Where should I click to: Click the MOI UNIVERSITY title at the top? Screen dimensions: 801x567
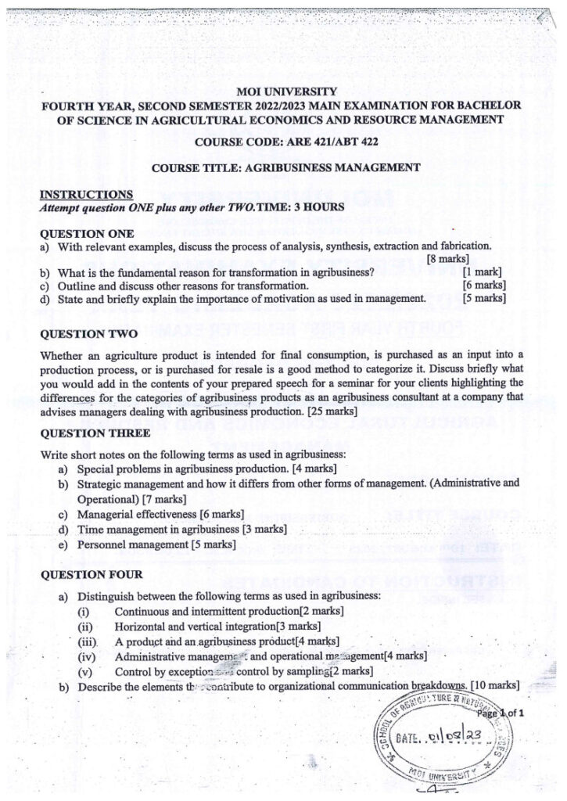tap(283, 92)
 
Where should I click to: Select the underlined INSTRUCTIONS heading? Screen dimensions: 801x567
tap(86, 194)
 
